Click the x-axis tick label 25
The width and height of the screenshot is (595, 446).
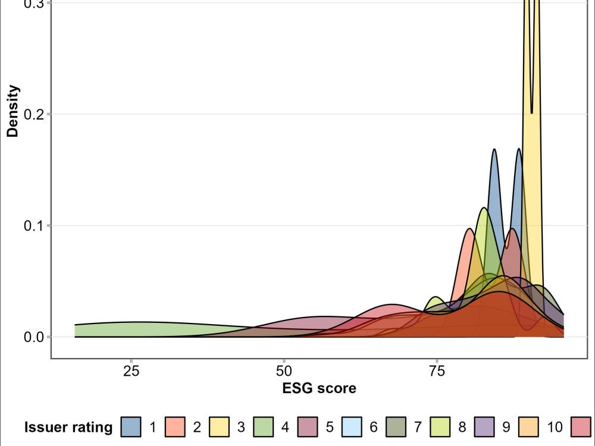(131, 371)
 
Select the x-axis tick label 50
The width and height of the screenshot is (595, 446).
(284, 371)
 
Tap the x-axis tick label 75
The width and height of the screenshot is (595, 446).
(437, 371)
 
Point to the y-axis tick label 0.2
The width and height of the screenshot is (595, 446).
(33, 114)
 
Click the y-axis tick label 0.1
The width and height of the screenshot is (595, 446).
(33, 225)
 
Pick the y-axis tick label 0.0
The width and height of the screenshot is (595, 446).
(33, 337)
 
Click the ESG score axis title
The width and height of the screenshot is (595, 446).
(320, 388)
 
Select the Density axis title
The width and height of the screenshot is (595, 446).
(12, 111)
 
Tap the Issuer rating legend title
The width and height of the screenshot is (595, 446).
(68, 427)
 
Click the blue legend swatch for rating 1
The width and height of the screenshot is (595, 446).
(131, 427)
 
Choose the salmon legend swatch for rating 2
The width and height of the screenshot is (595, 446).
(175, 427)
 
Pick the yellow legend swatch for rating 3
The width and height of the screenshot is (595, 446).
(219, 427)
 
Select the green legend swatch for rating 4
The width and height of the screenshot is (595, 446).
(263, 427)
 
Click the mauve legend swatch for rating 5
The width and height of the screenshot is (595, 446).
(308, 427)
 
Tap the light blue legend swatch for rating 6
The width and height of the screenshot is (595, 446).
(352, 427)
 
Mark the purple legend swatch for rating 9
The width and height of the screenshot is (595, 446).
(484, 427)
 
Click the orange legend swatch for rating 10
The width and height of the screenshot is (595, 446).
(528, 427)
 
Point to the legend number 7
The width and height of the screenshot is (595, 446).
(418, 427)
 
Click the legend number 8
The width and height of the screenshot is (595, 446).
(462, 427)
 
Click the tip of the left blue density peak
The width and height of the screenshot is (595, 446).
(494, 149)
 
